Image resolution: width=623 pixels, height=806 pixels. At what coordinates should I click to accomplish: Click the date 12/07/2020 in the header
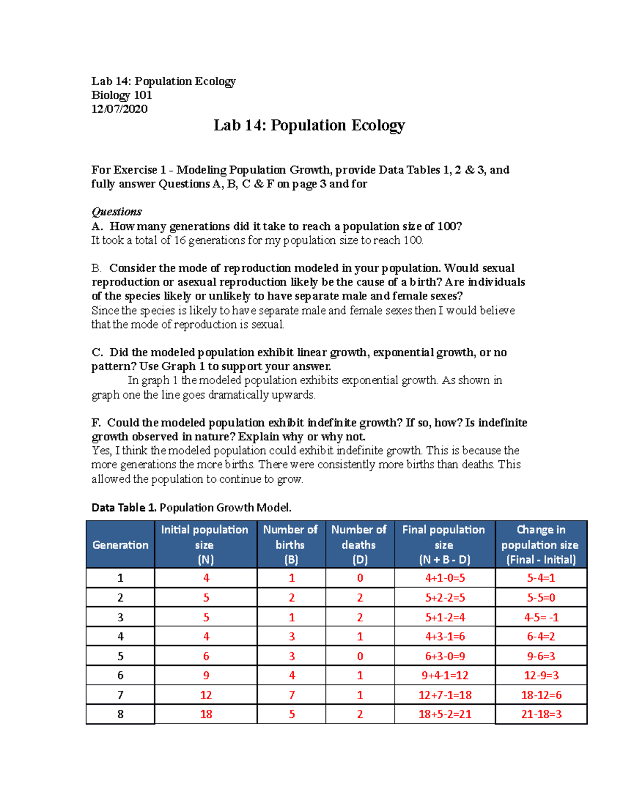[119, 109]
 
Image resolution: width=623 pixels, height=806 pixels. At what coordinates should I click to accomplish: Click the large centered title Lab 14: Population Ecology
[309, 126]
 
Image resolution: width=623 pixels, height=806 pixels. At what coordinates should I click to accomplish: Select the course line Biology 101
[121, 95]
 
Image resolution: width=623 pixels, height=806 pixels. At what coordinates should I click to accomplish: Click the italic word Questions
[116, 212]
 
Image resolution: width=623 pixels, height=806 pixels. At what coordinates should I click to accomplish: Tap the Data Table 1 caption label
[124, 508]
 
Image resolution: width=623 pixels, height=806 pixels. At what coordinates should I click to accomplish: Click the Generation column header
[120, 545]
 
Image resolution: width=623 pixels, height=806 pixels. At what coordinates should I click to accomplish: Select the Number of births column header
[291, 544]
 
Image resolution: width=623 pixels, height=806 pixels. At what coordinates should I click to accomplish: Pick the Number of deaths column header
[359, 544]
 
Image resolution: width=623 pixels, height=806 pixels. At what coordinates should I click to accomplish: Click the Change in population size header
[540, 544]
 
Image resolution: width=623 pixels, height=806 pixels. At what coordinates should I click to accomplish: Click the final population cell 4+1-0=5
[445, 578]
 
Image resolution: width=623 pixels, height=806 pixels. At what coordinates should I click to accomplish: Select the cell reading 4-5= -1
[541, 618]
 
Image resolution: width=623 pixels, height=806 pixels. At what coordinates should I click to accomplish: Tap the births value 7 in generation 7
[292, 695]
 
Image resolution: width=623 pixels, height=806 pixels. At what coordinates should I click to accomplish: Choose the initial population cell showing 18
[206, 715]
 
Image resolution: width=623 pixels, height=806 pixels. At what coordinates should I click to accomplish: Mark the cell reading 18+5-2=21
[445, 715]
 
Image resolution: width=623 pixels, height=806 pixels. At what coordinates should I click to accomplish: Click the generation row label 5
[120, 657]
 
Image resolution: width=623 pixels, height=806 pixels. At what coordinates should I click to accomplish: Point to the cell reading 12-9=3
[541, 676]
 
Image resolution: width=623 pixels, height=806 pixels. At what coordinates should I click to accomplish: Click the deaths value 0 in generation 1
[360, 578]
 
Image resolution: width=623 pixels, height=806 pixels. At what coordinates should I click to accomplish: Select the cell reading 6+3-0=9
[445, 657]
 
